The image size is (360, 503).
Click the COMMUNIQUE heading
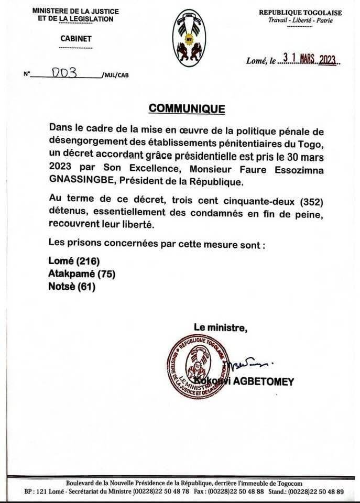pyautogui.click(x=187, y=108)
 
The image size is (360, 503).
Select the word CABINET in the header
pyautogui.click(x=75, y=38)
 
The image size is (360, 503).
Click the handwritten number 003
pyautogui.click(x=64, y=73)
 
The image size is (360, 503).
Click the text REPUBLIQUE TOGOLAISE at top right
pyautogui.click(x=300, y=13)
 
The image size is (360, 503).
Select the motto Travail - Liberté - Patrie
pyautogui.click(x=300, y=21)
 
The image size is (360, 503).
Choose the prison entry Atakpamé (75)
pyautogui.click(x=82, y=274)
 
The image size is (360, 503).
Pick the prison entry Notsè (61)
pyautogui.click(x=72, y=287)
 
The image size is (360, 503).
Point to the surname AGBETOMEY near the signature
pyautogui.click(x=267, y=381)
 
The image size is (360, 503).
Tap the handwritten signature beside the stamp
pyautogui.click(x=250, y=362)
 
